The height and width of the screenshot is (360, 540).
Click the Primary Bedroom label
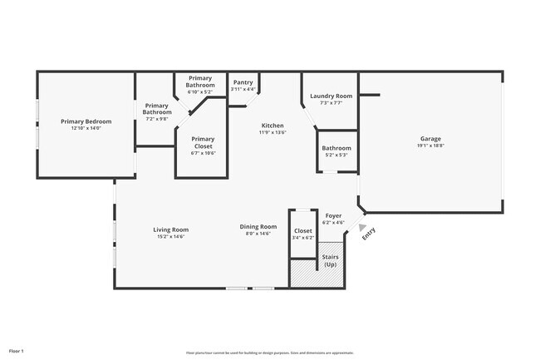point(86,121)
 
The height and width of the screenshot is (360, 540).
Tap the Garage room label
point(430,139)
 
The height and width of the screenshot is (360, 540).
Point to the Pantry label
point(243,82)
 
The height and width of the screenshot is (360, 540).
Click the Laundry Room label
point(331,96)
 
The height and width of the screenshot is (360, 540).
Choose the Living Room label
point(170,229)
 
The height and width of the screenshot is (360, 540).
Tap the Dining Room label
point(258,227)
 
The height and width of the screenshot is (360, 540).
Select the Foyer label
point(333,215)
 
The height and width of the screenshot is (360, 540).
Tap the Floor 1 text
point(16,351)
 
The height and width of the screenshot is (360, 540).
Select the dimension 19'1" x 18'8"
point(430,145)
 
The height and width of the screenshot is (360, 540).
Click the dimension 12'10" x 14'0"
point(86,128)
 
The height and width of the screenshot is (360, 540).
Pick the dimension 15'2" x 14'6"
point(170,236)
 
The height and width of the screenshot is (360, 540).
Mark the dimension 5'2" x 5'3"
point(336,155)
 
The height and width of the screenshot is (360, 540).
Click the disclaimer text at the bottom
point(269,353)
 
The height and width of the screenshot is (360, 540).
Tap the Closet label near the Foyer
point(303,230)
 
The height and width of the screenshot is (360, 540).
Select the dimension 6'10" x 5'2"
point(200,91)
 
